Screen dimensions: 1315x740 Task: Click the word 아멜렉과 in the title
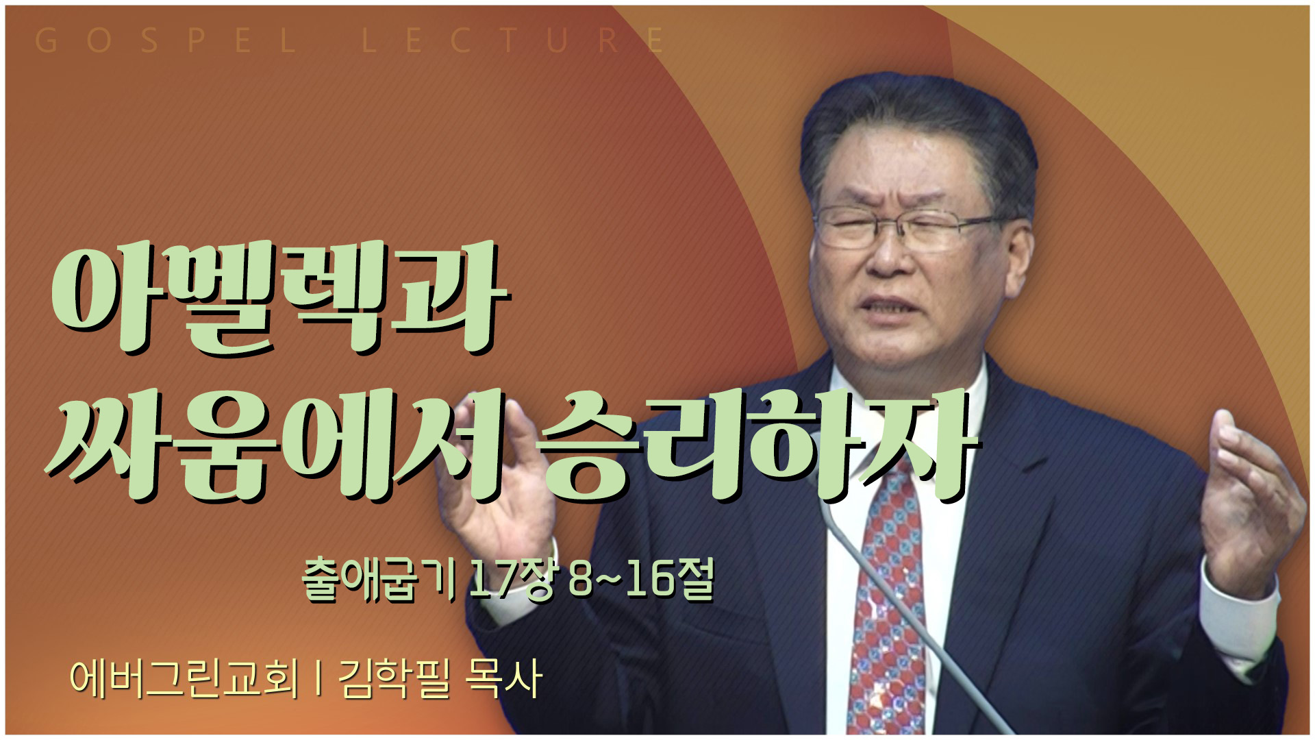pos(281,298)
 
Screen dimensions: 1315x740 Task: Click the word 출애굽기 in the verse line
pos(380,580)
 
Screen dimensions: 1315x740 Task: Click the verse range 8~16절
pos(641,580)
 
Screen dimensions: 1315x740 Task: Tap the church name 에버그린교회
pos(184,678)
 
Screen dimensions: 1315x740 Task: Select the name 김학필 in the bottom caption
pos(394,678)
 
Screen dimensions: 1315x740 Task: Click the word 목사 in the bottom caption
pos(503,678)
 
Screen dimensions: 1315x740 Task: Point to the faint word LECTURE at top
pos(514,41)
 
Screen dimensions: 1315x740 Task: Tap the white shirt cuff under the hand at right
pos(1240,617)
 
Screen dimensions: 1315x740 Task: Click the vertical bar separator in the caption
pos(319,678)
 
